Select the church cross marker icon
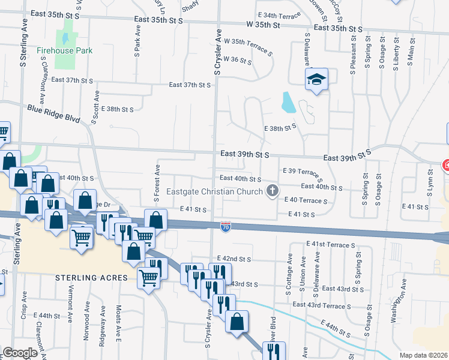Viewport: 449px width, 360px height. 273,191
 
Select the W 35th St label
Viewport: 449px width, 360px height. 263,25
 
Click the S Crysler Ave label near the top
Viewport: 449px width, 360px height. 218,52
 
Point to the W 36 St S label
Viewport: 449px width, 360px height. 237,60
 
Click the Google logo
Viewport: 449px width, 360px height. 20,353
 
